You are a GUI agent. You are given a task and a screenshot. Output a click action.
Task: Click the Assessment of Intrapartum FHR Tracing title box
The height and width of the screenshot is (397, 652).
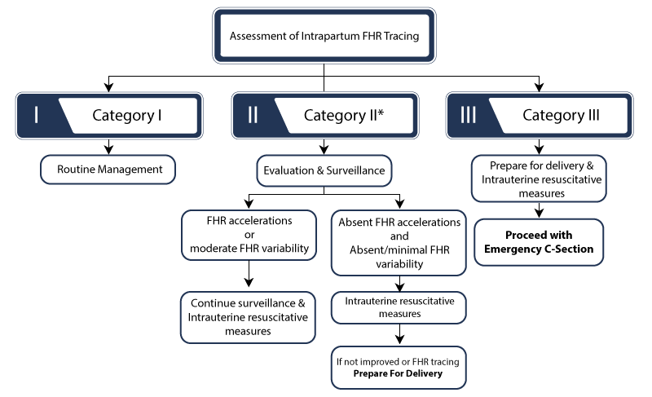click(x=324, y=36)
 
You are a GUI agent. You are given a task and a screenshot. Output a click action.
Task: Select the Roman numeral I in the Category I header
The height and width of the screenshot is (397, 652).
click(x=37, y=115)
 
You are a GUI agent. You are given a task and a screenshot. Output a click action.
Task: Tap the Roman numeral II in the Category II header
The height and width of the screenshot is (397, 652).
click(x=252, y=115)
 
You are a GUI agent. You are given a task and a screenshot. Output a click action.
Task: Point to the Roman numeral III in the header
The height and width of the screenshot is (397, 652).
click(x=468, y=115)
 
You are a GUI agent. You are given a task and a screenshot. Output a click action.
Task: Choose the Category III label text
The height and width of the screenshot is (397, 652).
click(x=561, y=115)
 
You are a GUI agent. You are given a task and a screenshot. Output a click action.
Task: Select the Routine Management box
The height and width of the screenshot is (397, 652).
click(x=108, y=170)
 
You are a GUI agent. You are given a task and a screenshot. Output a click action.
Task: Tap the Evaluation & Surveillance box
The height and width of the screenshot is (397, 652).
click(x=324, y=170)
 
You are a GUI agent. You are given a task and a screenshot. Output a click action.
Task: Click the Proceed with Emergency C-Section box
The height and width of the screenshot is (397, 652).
click(x=539, y=241)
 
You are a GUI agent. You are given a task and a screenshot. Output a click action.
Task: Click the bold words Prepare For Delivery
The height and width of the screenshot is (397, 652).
click(x=398, y=373)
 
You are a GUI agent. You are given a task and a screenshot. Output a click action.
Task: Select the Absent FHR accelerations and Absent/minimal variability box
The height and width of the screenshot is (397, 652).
click(x=398, y=242)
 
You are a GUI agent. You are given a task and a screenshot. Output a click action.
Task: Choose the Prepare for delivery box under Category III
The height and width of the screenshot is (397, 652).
click(x=539, y=178)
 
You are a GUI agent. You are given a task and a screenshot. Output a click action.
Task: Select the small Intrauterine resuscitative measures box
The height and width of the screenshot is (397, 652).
click(x=398, y=307)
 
